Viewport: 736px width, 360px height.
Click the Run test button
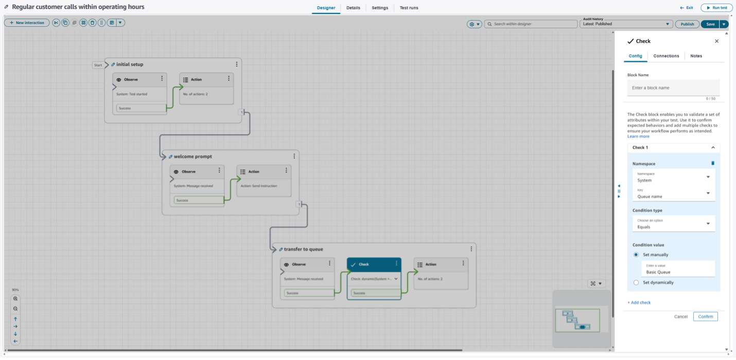click(716, 8)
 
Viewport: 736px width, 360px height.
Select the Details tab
click(353, 8)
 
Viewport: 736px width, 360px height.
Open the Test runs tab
click(409, 8)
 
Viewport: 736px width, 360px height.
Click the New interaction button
click(27, 23)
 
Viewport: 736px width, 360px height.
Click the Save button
click(710, 24)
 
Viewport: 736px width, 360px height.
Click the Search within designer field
click(531, 24)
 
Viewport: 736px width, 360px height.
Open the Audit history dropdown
click(626, 24)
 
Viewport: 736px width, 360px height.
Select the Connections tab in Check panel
click(666, 56)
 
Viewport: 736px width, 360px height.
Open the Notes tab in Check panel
click(696, 56)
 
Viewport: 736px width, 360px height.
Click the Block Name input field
click(673, 88)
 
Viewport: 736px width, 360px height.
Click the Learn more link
click(638, 136)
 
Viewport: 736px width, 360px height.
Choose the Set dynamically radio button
click(636, 282)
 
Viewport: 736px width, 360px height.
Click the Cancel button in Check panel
click(680, 316)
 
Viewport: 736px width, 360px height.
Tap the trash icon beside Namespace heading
click(713, 163)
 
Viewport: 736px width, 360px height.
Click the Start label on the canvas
click(98, 65)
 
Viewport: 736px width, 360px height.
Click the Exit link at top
click(687, 8)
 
